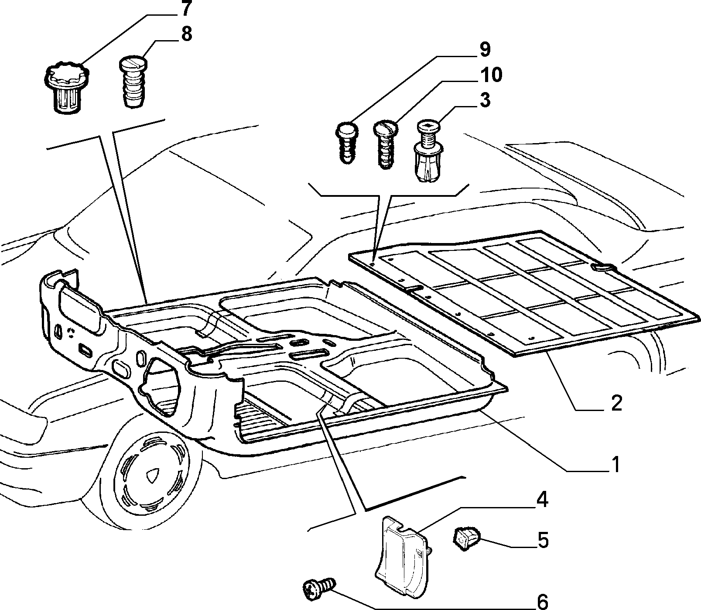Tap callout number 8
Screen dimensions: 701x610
click(x=186, y=34)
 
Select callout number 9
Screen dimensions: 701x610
click(x=485, y=50)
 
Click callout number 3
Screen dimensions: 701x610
click(x=485, y=100)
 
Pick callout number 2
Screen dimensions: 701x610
click(x=616, y=404)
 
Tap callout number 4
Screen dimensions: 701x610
click(x=542, y=500)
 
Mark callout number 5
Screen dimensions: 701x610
click(x=543, y=541)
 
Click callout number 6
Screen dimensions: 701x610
click(x=542, y=602)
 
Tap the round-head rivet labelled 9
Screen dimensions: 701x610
click(x=347, y=143)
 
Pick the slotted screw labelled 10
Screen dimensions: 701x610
click(x=386, y=144)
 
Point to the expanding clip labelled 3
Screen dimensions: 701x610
click(x=427, y=151)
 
